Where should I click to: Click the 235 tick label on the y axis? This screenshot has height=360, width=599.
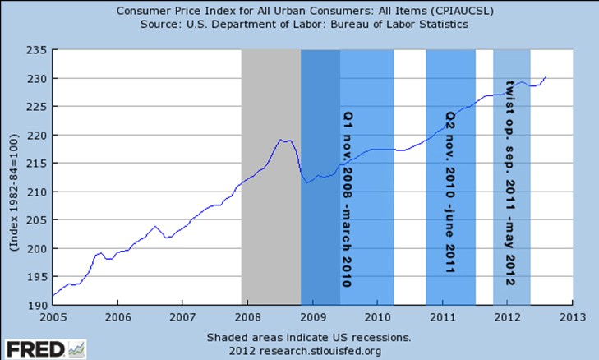[38, 50]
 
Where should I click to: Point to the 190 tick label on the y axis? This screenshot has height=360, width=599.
[38, 306]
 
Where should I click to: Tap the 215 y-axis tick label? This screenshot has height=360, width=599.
[38, 164]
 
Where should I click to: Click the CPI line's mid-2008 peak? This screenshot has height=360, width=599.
[281, 141]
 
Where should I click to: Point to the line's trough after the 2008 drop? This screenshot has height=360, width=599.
[306, 182]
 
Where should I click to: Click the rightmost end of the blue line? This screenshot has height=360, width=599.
[546, 77]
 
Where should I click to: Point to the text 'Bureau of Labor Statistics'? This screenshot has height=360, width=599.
[397, 25]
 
